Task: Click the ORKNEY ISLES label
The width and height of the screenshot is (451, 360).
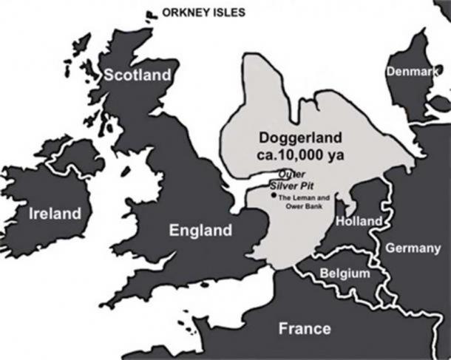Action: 204,13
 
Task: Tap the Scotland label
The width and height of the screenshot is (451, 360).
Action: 137,75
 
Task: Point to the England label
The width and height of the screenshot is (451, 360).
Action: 200,231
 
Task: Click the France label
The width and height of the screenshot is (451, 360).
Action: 304,328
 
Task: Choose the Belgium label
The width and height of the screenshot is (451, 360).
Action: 344,274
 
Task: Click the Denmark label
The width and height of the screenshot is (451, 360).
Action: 407,71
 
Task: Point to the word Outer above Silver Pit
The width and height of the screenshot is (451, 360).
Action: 285,174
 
